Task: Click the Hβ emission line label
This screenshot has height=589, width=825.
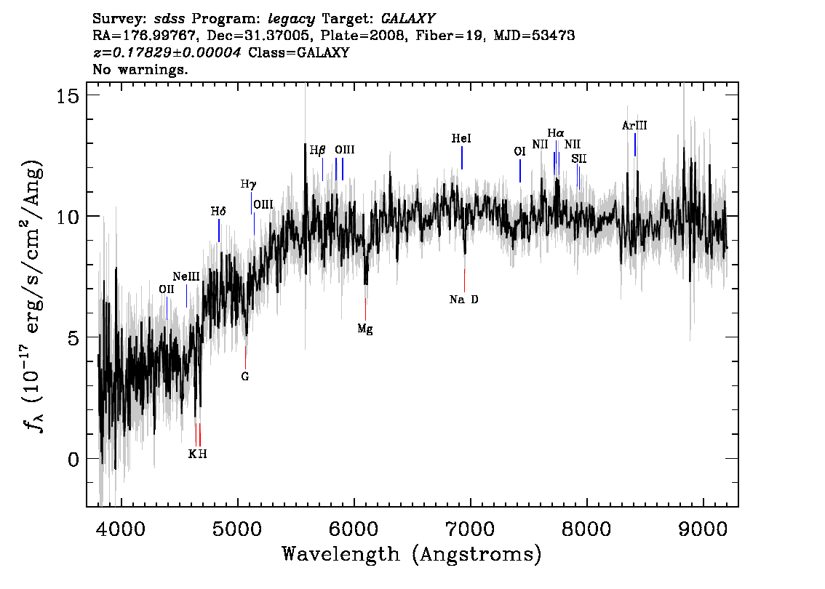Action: tap(317, 151)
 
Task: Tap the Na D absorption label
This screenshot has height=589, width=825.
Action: tap(464, 300)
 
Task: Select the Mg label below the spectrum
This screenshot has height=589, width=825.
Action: tap(365, 329)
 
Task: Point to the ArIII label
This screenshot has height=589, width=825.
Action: tap(634, 125)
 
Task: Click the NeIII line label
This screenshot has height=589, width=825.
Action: tap(186, 276)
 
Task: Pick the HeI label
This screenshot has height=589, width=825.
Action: tap(461, 138)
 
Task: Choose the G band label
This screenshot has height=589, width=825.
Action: tap(244, 377)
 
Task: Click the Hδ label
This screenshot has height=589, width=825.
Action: tap(218, 212)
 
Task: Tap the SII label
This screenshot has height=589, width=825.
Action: tap(579, 159)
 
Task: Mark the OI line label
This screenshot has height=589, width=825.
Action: tap(520, 151)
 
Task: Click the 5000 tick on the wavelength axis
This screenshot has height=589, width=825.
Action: tap(238, 529)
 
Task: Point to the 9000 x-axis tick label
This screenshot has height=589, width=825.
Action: tap(703, 529)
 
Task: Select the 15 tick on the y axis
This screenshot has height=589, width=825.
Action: tap(68, 96)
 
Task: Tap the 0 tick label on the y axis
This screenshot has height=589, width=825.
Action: tap(73, 459)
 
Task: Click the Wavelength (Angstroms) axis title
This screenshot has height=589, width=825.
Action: tap(412, 554)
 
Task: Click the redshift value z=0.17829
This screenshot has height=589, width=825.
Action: tap(167, 52)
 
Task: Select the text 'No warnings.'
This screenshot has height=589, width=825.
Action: tap(140, 69)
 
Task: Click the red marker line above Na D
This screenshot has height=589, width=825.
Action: tap(464, 280)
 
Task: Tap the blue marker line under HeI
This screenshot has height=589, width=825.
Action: tap(462, 158)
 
